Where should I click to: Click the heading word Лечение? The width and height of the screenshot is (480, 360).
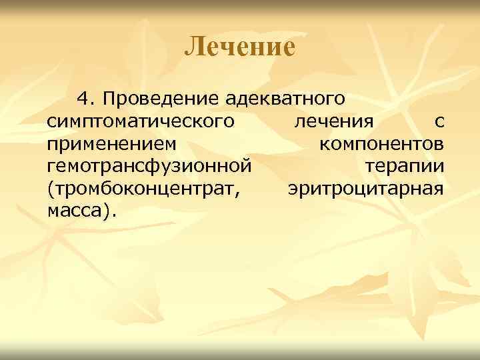pyautogui.click(x=239, y=47)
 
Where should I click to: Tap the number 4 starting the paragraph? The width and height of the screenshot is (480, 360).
pyautogui.click(x=83, y=99)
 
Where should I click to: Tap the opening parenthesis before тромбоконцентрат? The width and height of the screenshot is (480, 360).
pyautogui.click(x=51, y=189)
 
